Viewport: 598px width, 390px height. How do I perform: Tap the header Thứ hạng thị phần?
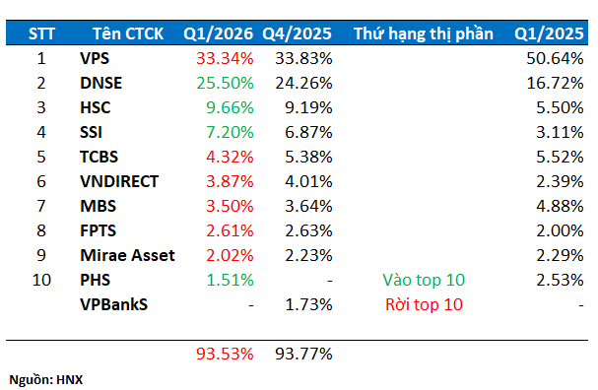pyautogui.click(x=424, y=34)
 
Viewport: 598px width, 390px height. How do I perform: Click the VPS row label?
pyautogui.click(x=95, y=59)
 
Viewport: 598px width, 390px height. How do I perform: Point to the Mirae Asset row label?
pyautogui.click(x=127, y=255)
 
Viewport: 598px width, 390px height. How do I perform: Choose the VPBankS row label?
pyautogui.click(x=113, y=304)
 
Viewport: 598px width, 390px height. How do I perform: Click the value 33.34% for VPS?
pyautogui.click(x=225, y=59)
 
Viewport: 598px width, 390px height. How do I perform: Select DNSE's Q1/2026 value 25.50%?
pyautogui.click(x=225, y=84)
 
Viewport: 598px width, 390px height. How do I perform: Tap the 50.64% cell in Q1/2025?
pyautogui.click(x=555, y=59)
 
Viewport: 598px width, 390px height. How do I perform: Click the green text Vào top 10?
pyautogui.click(x=423, y=280)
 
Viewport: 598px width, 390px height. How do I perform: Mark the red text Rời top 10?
pyautogui.click(x=423, y=304)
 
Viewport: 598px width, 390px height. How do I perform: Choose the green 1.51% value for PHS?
pyautogui.click(x=229, y=280)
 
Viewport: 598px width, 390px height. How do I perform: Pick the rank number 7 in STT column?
pyautogui.click(x=41, y=206)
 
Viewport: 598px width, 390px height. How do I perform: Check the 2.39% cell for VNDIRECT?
pyautogui.click(x=559, y=181)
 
